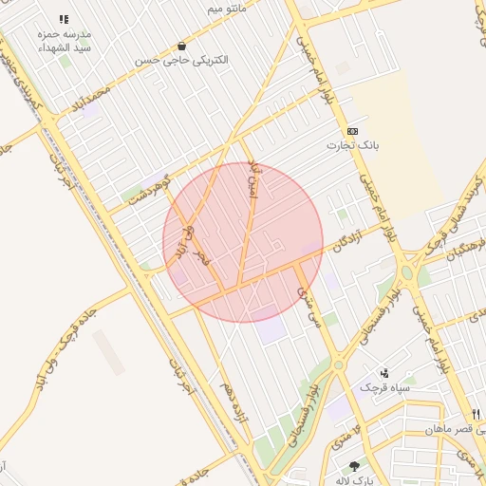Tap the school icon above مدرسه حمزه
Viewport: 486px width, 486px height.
pyautogui.click(x=64, y=19)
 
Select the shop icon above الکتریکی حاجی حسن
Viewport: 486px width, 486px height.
pyautogui.click(x=181, y=46)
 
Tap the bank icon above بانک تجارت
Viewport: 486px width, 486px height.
pyautogui.click(x=353, y=131)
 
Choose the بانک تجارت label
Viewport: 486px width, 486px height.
pyautogui.click(x=353, y=145)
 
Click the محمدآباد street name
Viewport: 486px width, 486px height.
pyautogui.click(x=91, y=101)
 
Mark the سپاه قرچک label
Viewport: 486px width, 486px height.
pyautogui.click(x=383, y=387)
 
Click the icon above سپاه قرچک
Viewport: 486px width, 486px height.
pyautogui.click(x=384, y=373)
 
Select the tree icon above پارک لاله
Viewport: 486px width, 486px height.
pyautogui.click(x=355, y=466)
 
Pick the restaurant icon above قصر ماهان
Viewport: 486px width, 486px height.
pyautogui.click(x=476, y=413)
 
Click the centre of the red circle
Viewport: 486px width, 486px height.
pyautogui.click(x=243, y=242)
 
